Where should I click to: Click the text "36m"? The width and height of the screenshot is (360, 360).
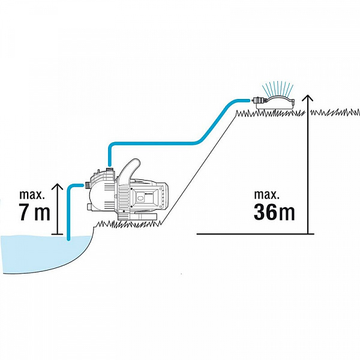coord(274,212)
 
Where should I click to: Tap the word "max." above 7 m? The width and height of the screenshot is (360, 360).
coord(32,194)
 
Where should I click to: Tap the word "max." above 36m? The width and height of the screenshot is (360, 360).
coord(266,194)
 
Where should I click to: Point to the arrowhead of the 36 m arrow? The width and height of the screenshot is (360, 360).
coord(308,98)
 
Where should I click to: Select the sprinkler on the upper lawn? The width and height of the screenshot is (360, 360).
coord(273,103)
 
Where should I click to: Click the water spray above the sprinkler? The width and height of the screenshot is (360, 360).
coord(278,88)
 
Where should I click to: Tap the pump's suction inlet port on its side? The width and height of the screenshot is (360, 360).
coord(87,185)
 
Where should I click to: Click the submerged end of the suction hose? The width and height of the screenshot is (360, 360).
coord(68,239)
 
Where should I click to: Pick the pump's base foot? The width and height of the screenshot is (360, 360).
coord(137,217)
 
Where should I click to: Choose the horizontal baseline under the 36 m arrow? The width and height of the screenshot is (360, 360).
coord(256,234)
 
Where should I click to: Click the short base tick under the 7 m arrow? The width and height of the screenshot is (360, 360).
coord(57,234)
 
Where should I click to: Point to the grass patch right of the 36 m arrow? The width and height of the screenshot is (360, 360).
coord(335,113)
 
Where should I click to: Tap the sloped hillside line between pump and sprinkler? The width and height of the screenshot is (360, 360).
coord(199,167)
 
